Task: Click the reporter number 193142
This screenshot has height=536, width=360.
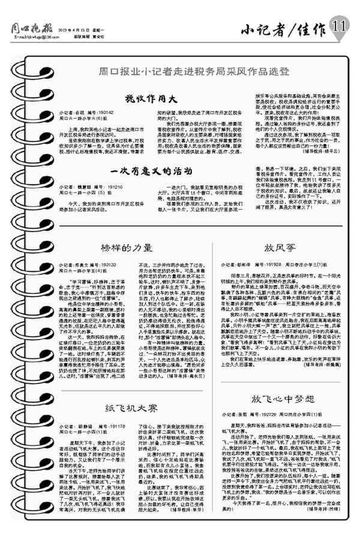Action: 106,112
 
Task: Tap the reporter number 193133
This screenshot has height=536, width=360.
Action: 106,263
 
